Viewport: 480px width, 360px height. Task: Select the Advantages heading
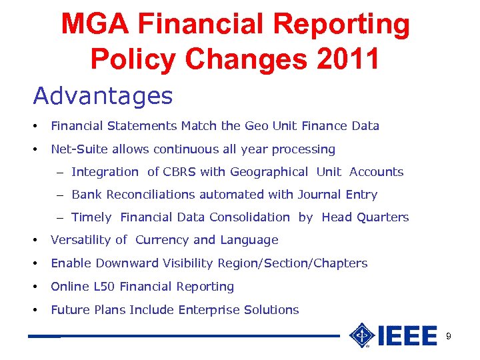(103, 97)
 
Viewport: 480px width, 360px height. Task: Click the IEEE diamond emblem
(362, 335)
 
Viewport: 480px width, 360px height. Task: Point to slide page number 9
(448, 337)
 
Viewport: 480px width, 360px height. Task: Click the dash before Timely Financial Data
(60, 217)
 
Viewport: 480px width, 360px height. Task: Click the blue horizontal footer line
(200, 336)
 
